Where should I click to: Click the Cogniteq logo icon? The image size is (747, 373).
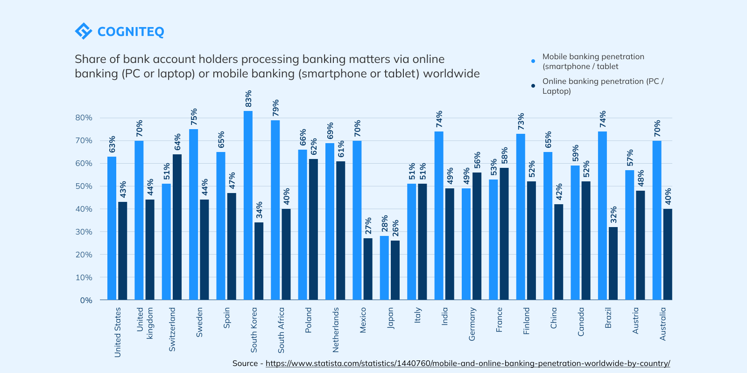pyautogui.click(x=84, y=31)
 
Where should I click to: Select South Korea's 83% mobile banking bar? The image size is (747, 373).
pyautogui.click(x=248, y=205)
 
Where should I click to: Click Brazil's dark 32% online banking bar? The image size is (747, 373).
pyautogui.click(x=613, y=263)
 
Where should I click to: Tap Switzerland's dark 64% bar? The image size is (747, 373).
pyautogui.click(x=177, y=227)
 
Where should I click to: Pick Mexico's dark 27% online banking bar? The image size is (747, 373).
pyautogui.click(x=368, y=269)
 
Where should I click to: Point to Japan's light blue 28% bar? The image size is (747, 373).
pyautogui.click(x=384, y=268)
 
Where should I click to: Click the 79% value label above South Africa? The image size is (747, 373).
pyautogui.click(x=275, y=108)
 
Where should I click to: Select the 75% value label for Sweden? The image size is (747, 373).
pyautogui.click(x=194, y=117)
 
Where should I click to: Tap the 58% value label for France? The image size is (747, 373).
pyautogui.click(x=505, y=155)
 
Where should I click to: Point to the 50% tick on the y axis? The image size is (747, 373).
pyautogui.click(x=84, y=186)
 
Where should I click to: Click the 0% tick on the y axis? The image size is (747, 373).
pyautogui.click(x=86, y=300)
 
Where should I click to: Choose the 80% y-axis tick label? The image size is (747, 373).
pyautogui.click(x=84, y=117)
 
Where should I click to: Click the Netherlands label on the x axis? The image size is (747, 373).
pyautogui.click(x=336, y=330)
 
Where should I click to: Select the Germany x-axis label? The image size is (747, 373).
pyautogui.click(x=472, y=324)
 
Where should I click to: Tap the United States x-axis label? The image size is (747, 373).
pyautogui.click(x=118, y=332)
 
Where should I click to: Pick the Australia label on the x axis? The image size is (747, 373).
pyautogui.click(x=662, y=324)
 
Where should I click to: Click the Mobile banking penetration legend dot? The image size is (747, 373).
pyautogui.click(x=533, y=61)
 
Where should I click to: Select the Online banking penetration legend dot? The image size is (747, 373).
pyautogui.click(x=533, y=86)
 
